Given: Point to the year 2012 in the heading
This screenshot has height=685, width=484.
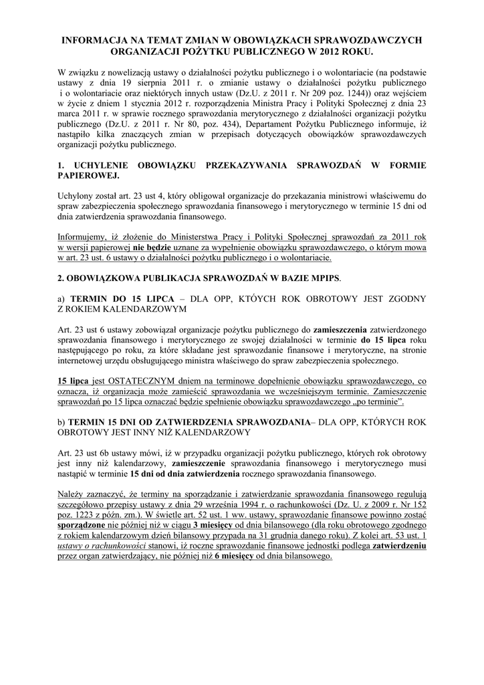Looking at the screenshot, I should (x=337, y=52).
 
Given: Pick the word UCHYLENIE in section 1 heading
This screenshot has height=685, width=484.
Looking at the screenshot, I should (x=108, y=165).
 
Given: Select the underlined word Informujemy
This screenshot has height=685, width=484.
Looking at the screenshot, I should (x=85, y=237).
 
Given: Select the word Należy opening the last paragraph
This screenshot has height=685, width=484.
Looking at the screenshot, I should (x=74, y=494).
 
